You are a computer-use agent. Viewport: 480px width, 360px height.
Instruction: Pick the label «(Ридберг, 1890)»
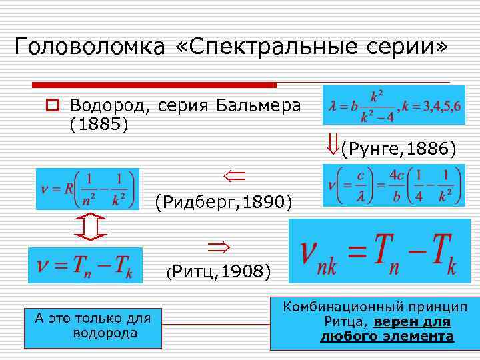(223, 200)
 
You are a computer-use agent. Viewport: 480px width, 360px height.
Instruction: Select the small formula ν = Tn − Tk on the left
(85, 265)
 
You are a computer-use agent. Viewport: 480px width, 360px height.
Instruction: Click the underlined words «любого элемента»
(387, 337)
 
